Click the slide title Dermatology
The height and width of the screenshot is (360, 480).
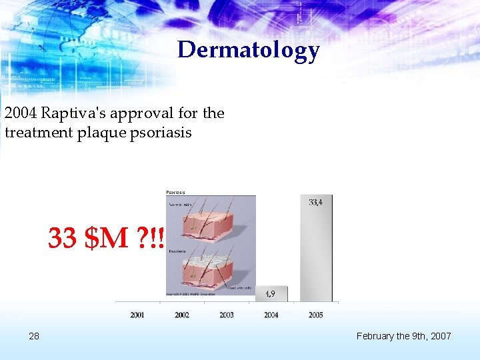(248, 50)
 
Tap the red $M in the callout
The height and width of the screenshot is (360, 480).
(107, 238)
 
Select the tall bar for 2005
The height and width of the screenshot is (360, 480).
(316, 253)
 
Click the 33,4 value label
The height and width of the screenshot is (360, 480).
(317, 201)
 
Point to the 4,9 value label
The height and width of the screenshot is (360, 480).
(271, 293)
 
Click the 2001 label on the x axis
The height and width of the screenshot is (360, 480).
(137, 315)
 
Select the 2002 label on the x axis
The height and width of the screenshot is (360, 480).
(182, 315)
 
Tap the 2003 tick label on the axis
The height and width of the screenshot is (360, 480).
(227, 315)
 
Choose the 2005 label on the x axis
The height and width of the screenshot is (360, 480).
(316, 315)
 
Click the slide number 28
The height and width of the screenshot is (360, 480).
(34, 336)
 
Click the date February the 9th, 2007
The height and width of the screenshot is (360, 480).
(403, 336)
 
